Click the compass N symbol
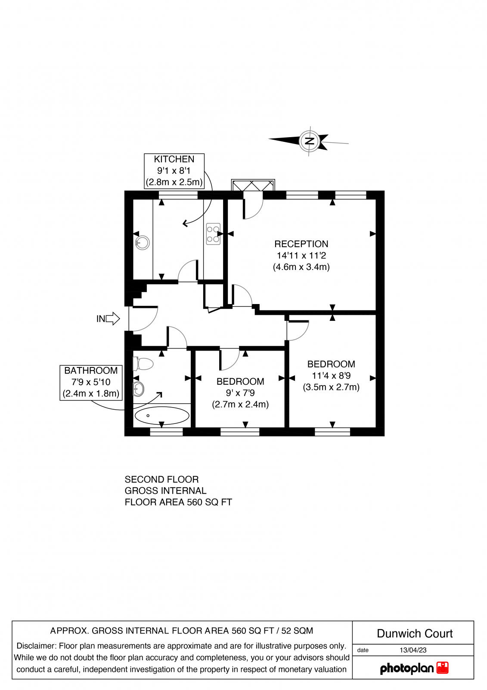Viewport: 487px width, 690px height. pyautogui.click(x=309, y=141)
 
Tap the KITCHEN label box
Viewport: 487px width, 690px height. pyautogui.click(x=174, y=171)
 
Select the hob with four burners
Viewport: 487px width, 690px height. pyautogui.click(x=213, y=234)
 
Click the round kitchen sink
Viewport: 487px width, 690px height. pyautogui.click(x=142, y=242)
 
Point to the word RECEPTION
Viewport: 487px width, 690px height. pyautogui.click(x=301, y=244)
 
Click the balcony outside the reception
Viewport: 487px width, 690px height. pyautogui.click(x=253, y=185)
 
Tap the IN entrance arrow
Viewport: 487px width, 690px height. pyautogui.click(x=108, y=319)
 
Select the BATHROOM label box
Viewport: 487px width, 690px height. pyautogui.click(x=91, y=382)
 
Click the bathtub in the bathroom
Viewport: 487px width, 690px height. pyautogui.click(x=162, y=416)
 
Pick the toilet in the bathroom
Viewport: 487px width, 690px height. pyautogui.click(x=143, y=364)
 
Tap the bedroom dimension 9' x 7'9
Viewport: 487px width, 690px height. pyautogui.click(x=240, y=393)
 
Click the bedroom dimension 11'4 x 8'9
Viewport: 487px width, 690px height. pyautogui.click(x=331, y=376)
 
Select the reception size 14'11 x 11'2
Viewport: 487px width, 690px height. pyautogui.click(x=301, y=255)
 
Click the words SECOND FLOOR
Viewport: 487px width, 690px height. pyautogui.click(x=161, y=480)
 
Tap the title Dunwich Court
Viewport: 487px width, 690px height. pyautogui.click(x=414, y=634)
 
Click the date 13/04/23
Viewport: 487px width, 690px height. pyautogui.click(x=413, y=650)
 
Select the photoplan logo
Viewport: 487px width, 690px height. pyautogui.click(x=414, y=668)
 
